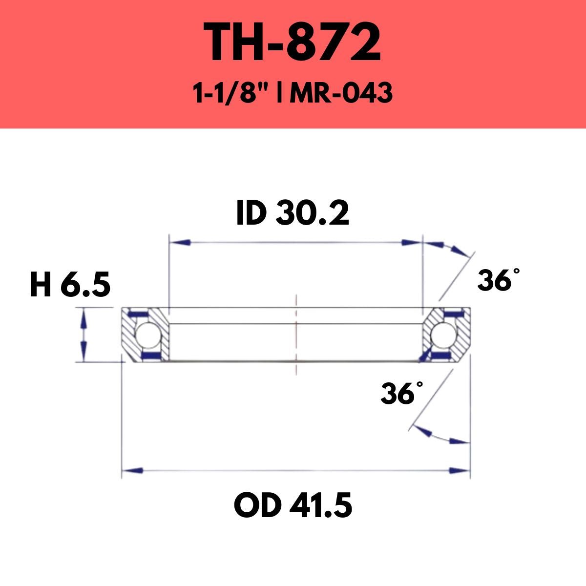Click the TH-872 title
292,42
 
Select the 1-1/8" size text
232,93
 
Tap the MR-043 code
341,93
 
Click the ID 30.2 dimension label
293,212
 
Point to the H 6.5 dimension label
70,284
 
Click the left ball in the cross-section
148,335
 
